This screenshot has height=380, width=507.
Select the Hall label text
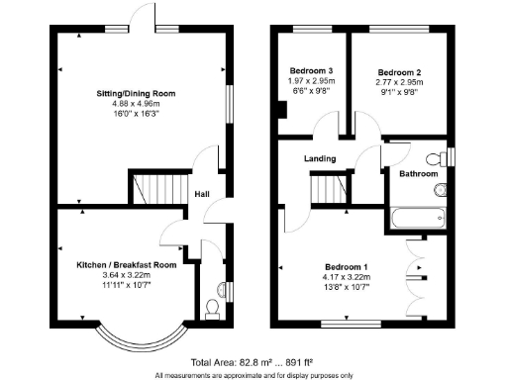202,194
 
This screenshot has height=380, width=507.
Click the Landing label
320,158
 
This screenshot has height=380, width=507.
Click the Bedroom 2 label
401,73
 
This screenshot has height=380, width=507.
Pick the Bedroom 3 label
311,71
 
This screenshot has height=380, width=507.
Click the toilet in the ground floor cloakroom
211,309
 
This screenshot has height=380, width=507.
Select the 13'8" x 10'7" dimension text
346,288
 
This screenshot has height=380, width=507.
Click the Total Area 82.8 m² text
253,363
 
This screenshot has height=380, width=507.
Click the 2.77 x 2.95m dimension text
401,84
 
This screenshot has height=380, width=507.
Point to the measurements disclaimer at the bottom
253,375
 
